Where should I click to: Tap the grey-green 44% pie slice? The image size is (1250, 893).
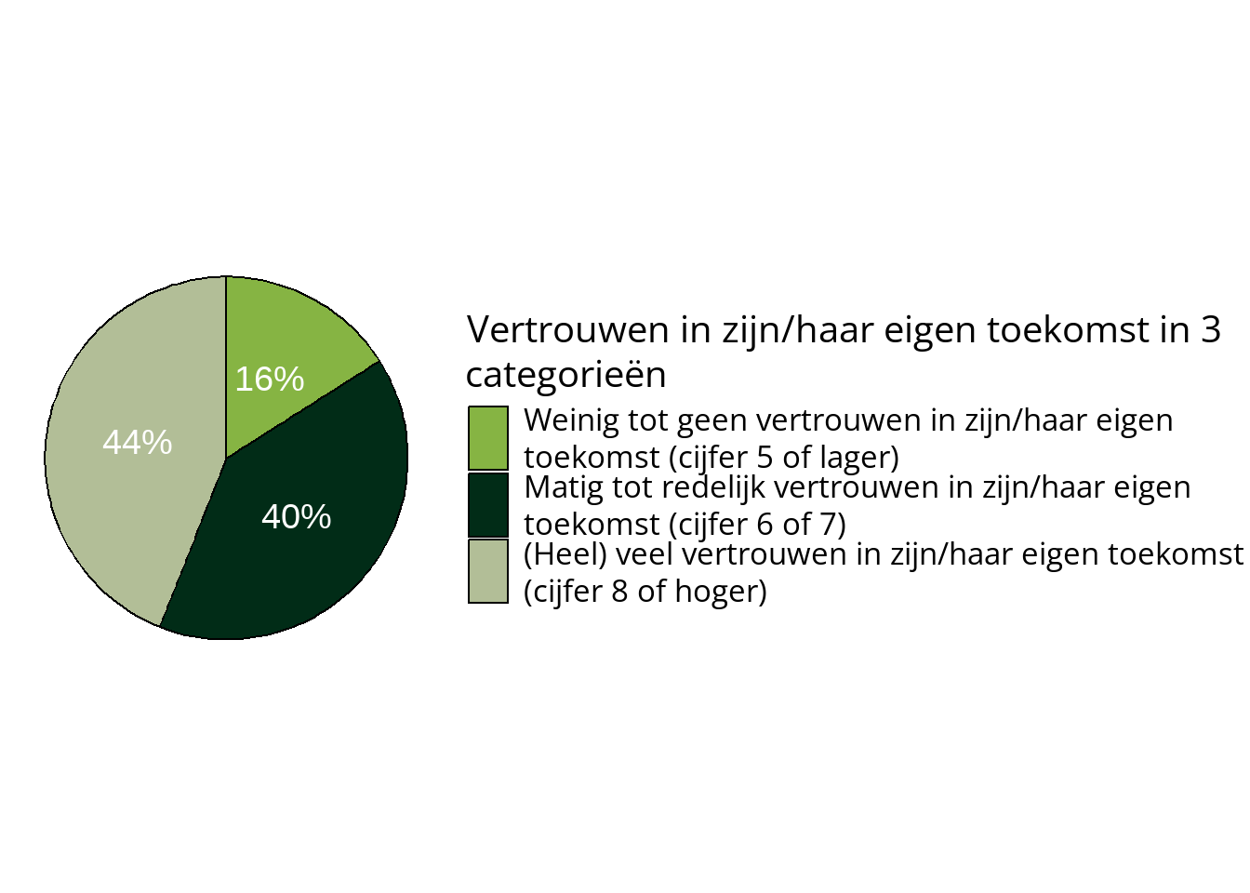click(121, 502)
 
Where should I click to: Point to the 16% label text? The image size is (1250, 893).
click(270, 380)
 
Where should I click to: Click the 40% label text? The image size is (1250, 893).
click(297, 517)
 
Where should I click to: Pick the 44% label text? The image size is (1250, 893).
click(138, 443)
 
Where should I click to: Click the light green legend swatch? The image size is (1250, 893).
click(488, 438)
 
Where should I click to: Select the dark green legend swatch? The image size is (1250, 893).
click(488, 505)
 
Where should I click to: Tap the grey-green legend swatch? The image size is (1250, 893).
click(488, 572)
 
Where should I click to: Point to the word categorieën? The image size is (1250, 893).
click(565, 375)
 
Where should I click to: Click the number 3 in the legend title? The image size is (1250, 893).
click(1210, 330)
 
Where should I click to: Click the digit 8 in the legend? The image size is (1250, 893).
click(620, 592)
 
